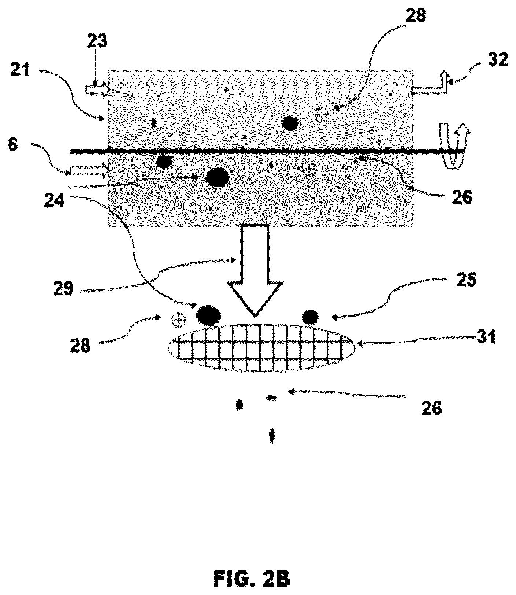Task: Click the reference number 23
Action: [97, 41]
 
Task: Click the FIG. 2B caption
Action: [252, 579]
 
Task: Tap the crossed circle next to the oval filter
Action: [178, 320]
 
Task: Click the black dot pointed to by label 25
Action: [310, 317]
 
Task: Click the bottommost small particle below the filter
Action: [272, 436]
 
